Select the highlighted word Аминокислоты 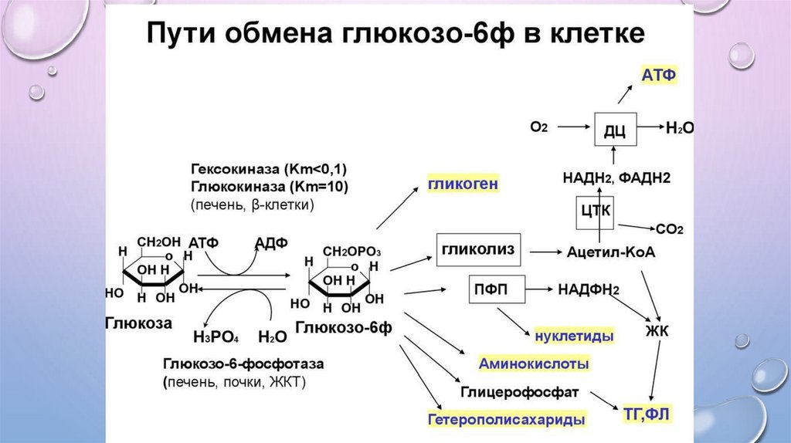pyautogui.click(x=534, y=363)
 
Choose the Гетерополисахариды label pyautogui.click(x=506, y=420)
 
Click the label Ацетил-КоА pyautogui.click(x=611, y=252)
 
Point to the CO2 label pyautogui.click(x=669, y=229)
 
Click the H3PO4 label pyautogui.click(x=216, y=338)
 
